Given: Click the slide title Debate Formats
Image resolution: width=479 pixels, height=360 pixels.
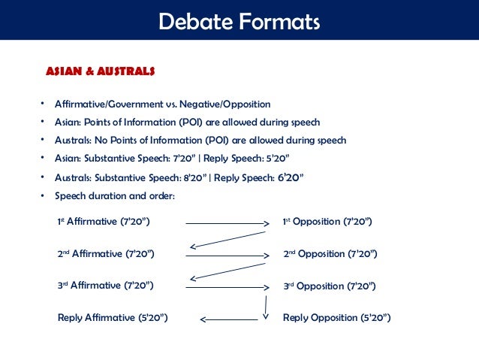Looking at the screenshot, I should [x=239, y=20].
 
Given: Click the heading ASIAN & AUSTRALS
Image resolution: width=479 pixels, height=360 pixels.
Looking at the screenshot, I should [x=101, y=72].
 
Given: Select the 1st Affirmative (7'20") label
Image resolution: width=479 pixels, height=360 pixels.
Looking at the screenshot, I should [x=103, y=222].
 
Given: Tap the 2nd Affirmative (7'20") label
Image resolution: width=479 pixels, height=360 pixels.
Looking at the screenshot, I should [x=106, y=254].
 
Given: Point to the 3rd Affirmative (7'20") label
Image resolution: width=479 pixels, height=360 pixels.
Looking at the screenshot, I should [x=106, y=286].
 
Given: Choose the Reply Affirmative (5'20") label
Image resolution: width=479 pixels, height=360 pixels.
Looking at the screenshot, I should [x=112, y=318].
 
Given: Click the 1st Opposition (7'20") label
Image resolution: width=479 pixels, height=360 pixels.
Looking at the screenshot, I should [x=327, y=222].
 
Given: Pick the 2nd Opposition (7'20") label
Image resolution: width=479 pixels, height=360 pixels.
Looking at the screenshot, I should [x=330, y=254].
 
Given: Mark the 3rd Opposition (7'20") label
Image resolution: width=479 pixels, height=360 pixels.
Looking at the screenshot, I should [x=330, y=286].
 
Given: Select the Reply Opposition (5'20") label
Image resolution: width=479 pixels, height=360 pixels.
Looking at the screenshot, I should [x=336, y=318].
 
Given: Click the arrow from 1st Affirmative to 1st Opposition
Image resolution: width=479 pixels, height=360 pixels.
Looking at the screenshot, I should [x=227, y=223].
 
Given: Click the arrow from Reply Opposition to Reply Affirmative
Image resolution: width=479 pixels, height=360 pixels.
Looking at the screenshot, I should [x=229, y=319].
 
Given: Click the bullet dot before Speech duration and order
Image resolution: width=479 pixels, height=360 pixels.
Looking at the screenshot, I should [x=44, y=195].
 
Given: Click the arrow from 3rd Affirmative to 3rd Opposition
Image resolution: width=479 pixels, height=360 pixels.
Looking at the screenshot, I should [x=227, y=286].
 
